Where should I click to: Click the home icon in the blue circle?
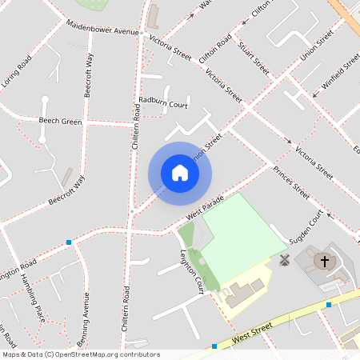(180, 173)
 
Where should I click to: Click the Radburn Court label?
(162, 103)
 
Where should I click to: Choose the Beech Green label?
(61, 122)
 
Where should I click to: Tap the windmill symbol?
(283, 260)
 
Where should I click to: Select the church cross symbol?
(325, 261)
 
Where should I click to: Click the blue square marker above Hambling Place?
(70, 242)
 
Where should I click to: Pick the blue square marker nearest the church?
(329, 305)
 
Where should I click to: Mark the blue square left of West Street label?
(214, 346)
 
